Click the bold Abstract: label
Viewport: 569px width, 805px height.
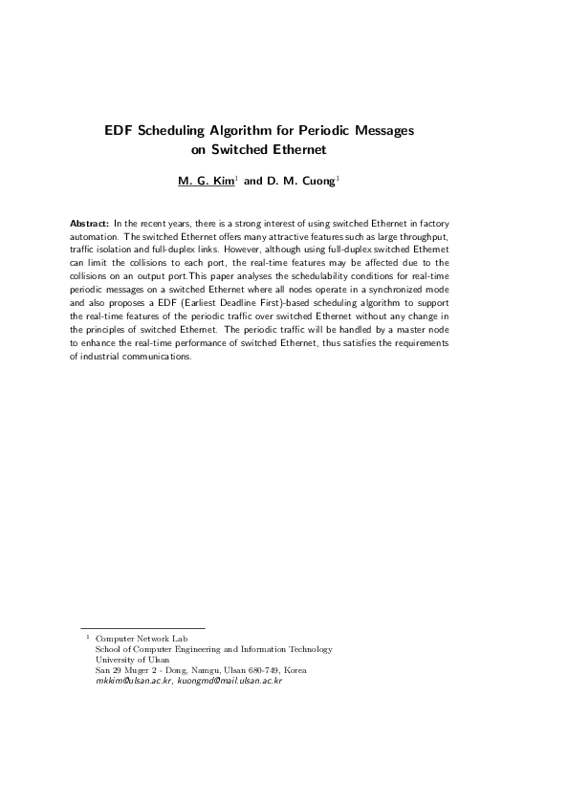[x=90, y=222]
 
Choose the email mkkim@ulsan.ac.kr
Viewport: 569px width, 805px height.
[x=134, y=681]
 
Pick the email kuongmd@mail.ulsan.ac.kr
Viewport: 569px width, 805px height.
[x=230, y=681]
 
